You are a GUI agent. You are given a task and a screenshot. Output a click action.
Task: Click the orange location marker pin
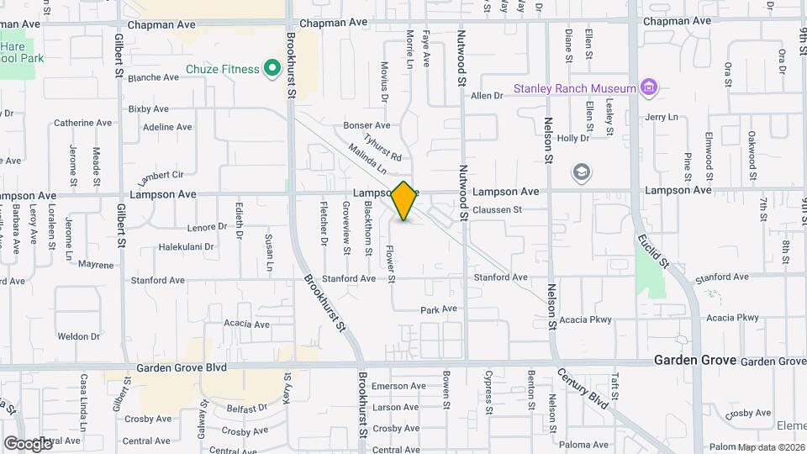pos(404,201)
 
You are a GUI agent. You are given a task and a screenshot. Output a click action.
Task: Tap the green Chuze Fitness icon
pos(272,68)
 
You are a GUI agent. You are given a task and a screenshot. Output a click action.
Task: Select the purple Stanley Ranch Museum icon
pos(647,87)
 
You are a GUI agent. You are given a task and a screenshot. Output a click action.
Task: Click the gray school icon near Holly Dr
pos(580,173)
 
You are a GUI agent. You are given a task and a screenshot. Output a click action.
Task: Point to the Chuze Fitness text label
pos(224,69)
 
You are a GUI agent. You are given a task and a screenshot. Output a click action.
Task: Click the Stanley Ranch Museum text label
pos(575,88)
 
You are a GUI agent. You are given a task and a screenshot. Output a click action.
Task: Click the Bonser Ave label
pos(367,125)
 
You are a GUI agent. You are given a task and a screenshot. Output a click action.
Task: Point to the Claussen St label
pos(497,210)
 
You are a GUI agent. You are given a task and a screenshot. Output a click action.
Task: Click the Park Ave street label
pos(438,309)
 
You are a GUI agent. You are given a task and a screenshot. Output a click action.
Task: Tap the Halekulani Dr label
pos(186,247)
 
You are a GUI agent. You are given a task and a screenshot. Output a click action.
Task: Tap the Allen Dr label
pos(486,96)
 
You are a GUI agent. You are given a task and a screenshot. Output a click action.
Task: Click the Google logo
pos(27,443)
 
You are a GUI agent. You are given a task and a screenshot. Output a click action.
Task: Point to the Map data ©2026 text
pos(770,447)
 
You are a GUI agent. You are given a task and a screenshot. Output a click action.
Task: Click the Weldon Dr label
pos(79,336)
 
